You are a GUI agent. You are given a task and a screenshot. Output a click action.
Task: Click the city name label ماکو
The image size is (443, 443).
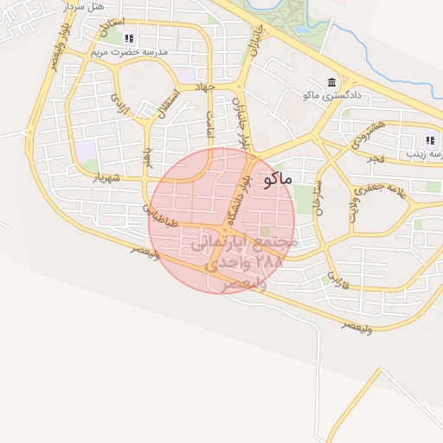click(276, 179)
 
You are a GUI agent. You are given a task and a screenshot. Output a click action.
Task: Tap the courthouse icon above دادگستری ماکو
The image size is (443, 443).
click(332, 82)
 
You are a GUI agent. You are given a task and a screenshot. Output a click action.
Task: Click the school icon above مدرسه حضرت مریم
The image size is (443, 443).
click(130, 38)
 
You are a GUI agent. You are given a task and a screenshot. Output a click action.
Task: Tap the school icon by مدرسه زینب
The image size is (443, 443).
click(430, 140)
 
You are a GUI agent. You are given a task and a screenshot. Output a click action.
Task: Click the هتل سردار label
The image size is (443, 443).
click(85, 8)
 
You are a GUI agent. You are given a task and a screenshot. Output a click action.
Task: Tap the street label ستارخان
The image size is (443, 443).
click(318, 196)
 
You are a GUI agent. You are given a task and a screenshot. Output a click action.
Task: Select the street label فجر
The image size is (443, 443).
click(375, 158)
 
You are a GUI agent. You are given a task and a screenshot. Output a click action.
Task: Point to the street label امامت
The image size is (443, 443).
click(208, 124)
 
